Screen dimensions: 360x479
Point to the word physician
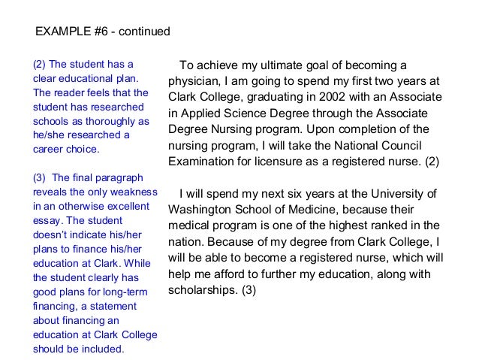194,80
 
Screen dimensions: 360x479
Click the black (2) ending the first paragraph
431,162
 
